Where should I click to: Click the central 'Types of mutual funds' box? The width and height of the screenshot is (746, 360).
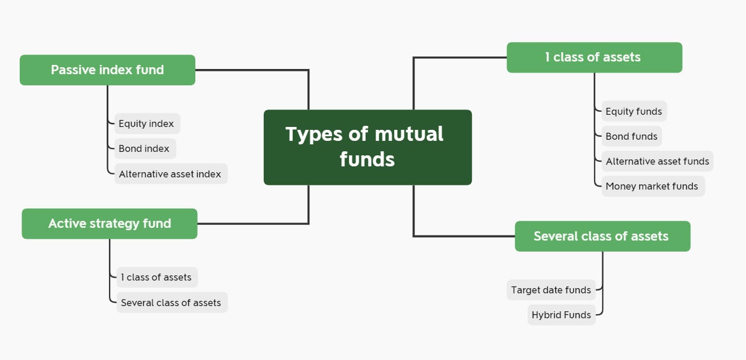click(x=367, y=147)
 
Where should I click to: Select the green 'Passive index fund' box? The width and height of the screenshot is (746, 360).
click(x=108, y=70)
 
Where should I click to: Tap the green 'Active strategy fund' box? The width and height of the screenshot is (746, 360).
click(x=110, y=224)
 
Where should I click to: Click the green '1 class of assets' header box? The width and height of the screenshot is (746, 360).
click(x=595, y=57)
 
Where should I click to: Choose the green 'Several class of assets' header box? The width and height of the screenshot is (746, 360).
click(x=602, y=236)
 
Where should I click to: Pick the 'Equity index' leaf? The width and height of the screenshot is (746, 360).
click(x=147, y=123)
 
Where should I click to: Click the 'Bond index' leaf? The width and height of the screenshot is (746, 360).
click(x=145, y=148)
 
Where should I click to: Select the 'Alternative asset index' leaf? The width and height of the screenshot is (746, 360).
click(x=171, y=174)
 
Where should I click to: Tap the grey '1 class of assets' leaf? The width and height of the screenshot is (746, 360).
click(x=157, y=277)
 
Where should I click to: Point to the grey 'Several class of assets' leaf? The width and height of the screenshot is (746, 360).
click(x=172, y=303)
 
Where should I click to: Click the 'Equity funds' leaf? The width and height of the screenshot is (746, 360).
click(x=634, y=111)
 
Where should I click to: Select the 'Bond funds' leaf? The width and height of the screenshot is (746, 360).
click(x=631, y=136)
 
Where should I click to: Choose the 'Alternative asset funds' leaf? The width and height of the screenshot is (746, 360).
click(x=657, y=161)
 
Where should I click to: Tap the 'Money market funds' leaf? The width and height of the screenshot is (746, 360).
click(x=653, y=186)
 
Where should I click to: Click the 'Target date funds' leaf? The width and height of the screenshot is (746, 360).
click(x=551, y=290)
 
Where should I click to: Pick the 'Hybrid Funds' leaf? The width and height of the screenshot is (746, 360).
click(x=562, y=315)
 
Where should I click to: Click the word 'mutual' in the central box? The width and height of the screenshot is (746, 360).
click(x=409, y=134)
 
